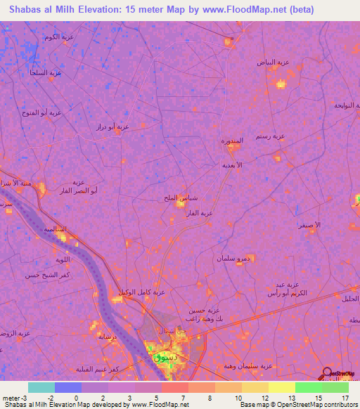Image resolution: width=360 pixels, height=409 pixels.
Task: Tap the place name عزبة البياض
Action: (275, 62)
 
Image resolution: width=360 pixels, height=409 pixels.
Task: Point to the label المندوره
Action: (231, 141)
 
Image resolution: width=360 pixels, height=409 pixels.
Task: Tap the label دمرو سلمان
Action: (233, 258)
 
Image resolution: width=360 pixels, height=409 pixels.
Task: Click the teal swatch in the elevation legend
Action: (41, 387)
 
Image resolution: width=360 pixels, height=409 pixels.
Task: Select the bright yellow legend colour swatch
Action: (281, 387)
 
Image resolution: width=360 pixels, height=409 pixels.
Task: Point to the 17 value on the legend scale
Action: (345, 398)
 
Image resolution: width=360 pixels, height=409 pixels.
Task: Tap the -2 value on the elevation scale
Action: (40, 398)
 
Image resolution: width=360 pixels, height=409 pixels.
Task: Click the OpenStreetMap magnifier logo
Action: (328, 374)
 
